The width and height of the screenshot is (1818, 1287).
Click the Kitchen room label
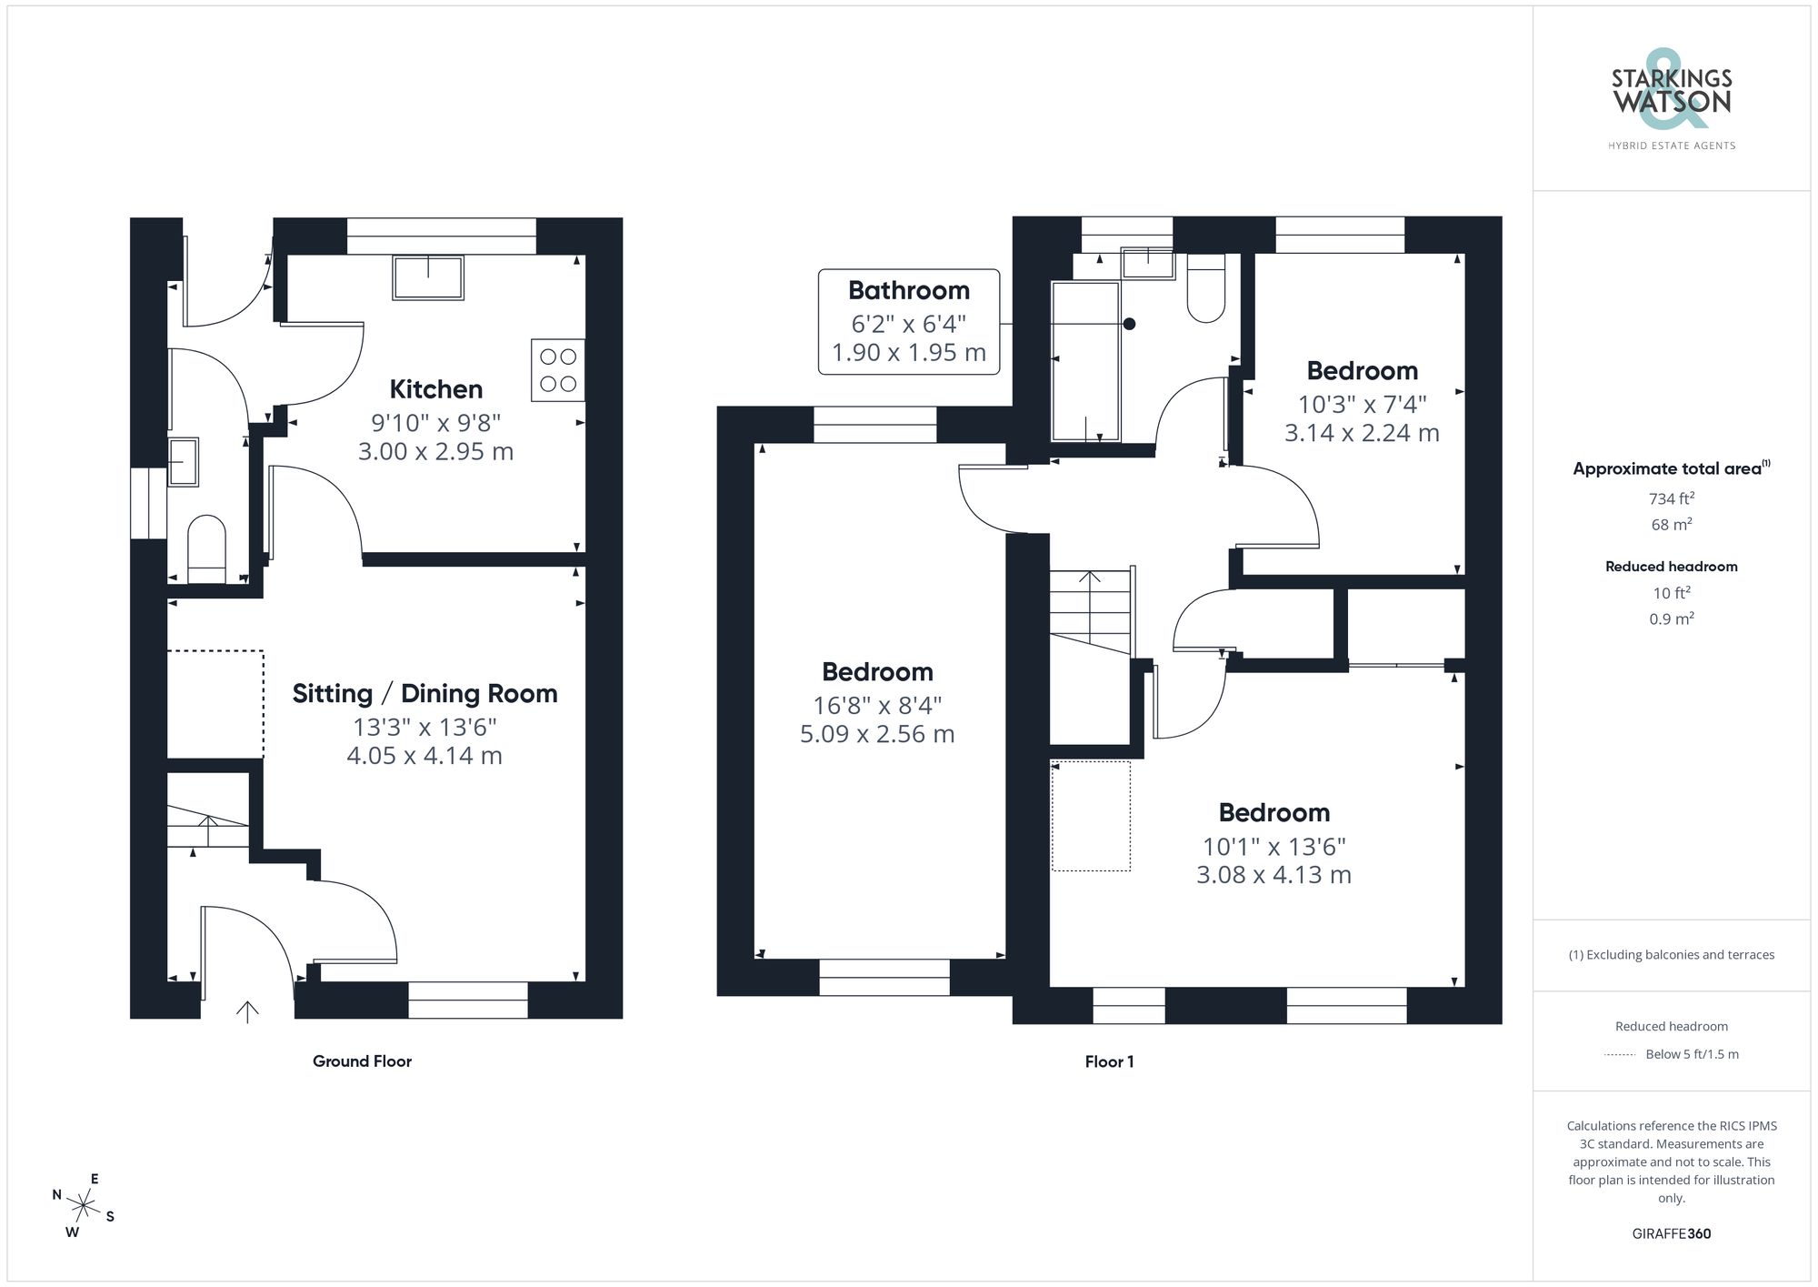[x=435, y=389]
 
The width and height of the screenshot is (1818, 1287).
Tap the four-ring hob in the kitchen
[x=557, y=370]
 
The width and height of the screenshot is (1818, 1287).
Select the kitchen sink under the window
[x=427, y=277]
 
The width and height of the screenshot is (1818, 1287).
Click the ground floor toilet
[x=206, y=548]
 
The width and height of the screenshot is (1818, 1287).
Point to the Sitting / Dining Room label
[x=425, y=694]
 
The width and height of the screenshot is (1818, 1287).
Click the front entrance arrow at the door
[x=247, y=1010]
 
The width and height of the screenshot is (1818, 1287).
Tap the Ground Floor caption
[x=362, y=1061]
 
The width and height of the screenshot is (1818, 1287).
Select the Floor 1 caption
[x=1109, y=1061]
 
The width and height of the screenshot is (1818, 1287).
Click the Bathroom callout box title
[x=908, y=291]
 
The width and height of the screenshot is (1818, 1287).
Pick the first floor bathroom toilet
[x=1206, y=289]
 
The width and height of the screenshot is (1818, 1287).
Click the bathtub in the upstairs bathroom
[x=1084, y=361]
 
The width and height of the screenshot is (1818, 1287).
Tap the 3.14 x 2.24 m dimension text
[x=1361, y=433]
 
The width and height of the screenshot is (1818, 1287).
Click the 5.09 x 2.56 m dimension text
[x=877, y=734]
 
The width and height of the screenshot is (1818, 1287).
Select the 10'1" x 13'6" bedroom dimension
[x=1274, y=847]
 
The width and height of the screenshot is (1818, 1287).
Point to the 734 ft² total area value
[x=1671, y=498]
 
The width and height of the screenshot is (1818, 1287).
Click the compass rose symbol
[x=83, y=1207]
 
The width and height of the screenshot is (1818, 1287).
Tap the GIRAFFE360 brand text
[x=1671, y=1234]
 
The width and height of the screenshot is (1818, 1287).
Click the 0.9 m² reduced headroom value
[x=1671, y=619]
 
